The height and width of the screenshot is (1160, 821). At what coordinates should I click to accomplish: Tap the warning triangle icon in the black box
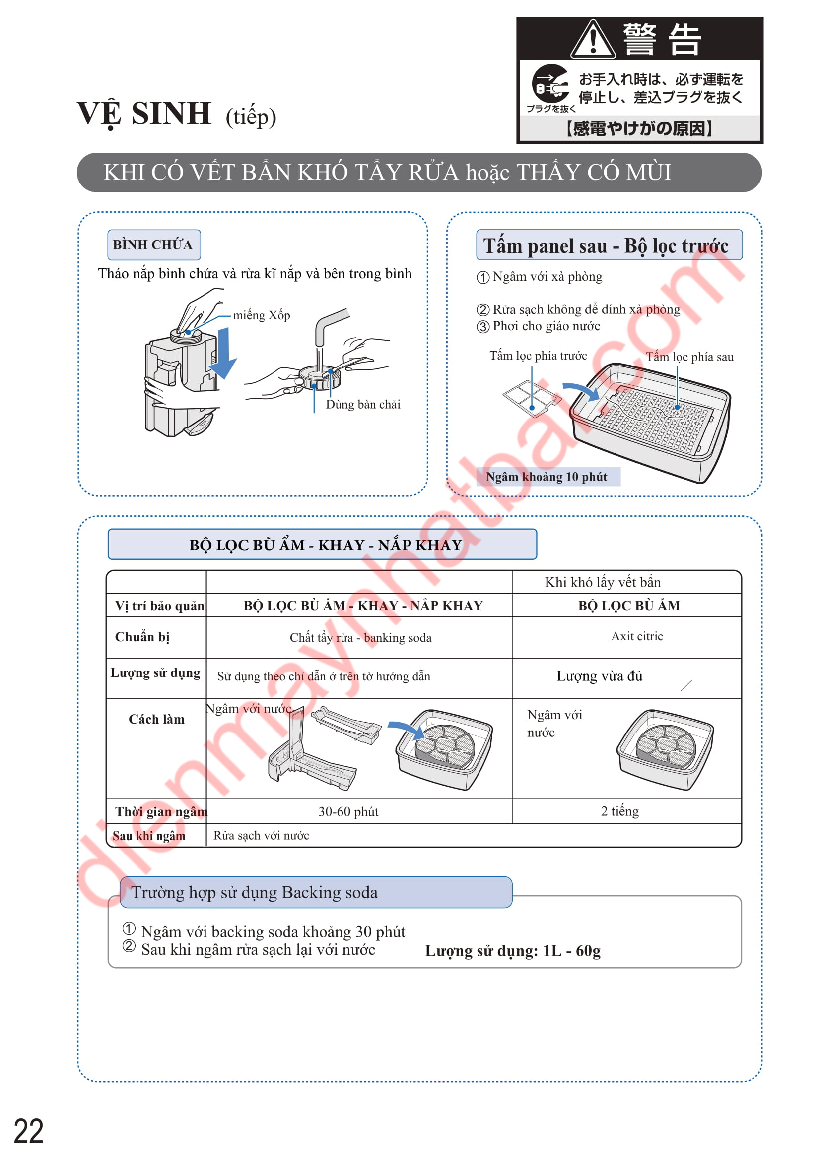point(593,39)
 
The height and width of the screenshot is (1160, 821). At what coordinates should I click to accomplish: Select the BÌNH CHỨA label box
point(154,245)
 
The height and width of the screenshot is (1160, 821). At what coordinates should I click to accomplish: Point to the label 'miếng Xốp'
point(262,315)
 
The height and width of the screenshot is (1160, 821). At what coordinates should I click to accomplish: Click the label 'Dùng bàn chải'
point(362,404)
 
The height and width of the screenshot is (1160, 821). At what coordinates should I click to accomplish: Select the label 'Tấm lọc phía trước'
point(538,356)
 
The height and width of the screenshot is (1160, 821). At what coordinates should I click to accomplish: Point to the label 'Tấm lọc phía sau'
point(689,357)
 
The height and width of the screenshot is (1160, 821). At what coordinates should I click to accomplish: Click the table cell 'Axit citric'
point(636,636)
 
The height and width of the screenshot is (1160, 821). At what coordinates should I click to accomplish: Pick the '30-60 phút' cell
point(348,811)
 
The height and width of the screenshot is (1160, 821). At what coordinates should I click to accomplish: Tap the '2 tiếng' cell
point(619,811)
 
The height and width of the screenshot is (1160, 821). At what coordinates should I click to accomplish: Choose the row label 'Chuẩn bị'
point(142,637)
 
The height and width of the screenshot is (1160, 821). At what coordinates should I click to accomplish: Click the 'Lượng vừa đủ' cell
point(599,676)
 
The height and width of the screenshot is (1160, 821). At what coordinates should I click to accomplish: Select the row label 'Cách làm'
point(156,719)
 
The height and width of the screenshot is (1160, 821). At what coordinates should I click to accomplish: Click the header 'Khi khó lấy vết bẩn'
point(602,582)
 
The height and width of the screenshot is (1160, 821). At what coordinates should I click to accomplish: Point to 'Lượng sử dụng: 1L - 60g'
point(513,951)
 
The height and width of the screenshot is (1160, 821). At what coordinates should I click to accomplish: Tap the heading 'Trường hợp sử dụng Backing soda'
point(254,892)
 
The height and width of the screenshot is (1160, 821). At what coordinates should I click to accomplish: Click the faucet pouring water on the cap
point(329,323)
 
